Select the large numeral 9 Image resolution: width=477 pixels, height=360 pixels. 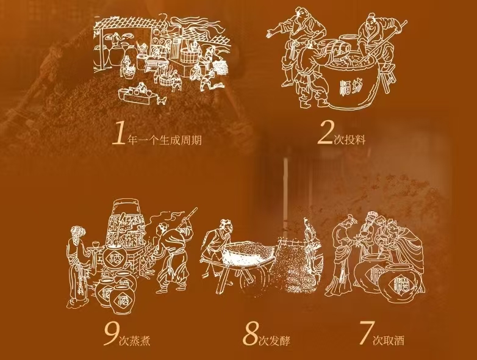(111, 334)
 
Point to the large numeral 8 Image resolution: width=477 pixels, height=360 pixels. (250, 334)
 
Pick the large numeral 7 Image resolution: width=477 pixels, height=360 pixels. (365, 333)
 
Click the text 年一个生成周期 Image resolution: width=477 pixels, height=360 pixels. (164, 140)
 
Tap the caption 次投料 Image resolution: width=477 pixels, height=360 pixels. (350, 140)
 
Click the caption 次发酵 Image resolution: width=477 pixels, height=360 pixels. (274, 340)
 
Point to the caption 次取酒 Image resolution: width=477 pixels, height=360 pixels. (389, 340)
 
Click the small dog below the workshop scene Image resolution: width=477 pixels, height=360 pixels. (162, 101)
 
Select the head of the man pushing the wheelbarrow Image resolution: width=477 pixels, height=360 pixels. (226, 225)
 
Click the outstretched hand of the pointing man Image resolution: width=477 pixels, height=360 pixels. (271, 34)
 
